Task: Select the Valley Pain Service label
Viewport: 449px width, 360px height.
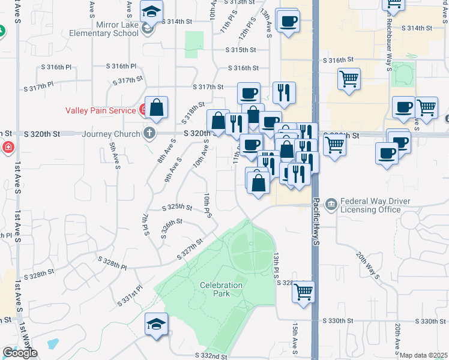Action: coord(101,110)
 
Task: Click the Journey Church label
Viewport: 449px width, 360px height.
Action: coord(114,134)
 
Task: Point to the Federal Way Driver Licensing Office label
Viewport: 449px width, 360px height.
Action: coord(370,205)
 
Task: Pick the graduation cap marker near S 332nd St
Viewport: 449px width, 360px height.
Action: coord(156,325)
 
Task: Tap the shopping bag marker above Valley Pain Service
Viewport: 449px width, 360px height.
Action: coord(156,109)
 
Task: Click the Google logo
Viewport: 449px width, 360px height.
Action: coord(19,353)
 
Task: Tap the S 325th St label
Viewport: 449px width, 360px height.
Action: coord(178,207)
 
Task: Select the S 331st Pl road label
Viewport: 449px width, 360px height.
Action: coord(131,295)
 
